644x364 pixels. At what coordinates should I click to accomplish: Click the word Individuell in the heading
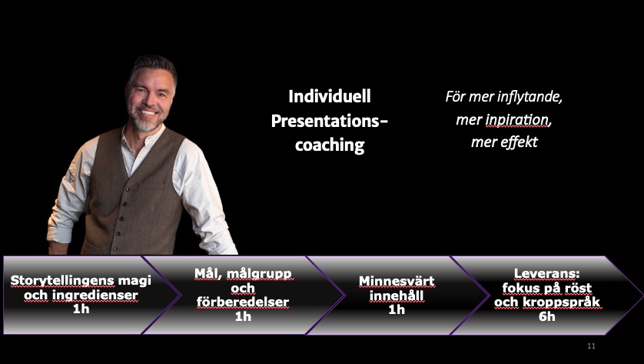(x=330, y=96)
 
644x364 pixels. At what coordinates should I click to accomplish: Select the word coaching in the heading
(x=330, y=145)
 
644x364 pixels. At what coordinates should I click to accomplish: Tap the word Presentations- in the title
(x=330, y=121)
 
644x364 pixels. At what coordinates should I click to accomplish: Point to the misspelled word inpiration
(x=518, y=120)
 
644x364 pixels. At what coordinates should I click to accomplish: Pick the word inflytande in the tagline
(x=529, y=97)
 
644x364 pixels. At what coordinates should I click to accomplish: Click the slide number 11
(x=591, y=346)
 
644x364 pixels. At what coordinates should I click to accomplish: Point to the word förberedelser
(x=243, y=302)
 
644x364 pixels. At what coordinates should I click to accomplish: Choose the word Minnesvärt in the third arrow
(x=397, y=282)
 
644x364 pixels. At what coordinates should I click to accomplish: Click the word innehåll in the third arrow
(x=397, y=296)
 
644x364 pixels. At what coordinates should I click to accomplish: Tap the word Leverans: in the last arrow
(x=546, y=274)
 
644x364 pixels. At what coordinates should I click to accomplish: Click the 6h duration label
(x=546, y=316)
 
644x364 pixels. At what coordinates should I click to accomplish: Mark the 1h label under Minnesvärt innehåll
(x=397, y=309)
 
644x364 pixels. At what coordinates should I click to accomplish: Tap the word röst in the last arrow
(x=577, y=288)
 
